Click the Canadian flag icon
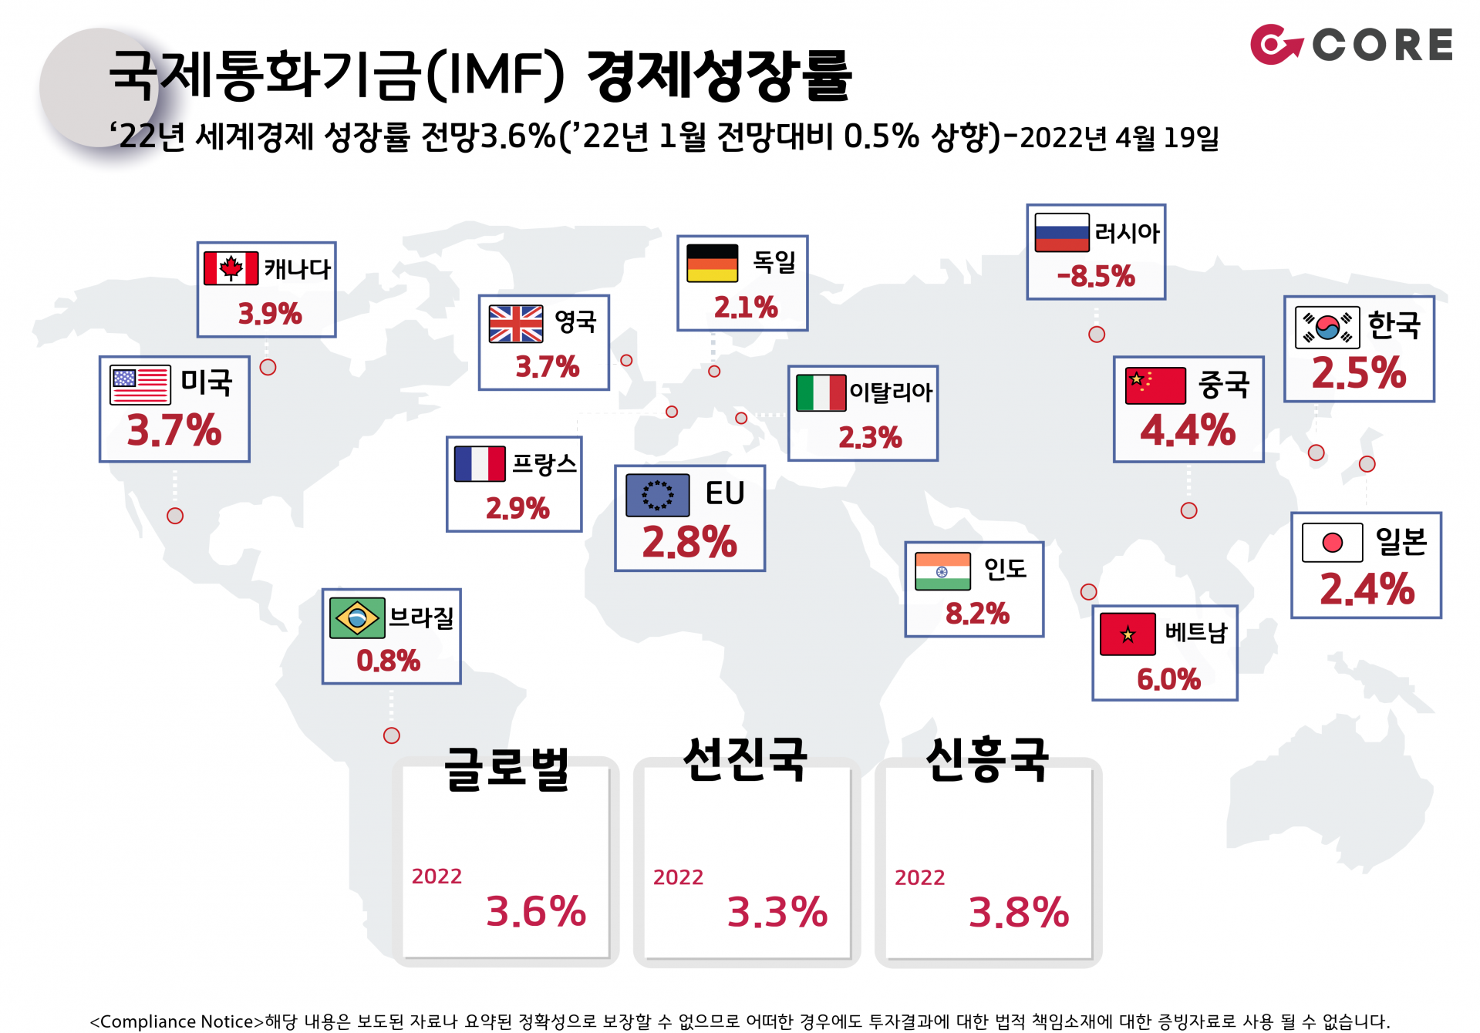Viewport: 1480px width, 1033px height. [x=231, y=268]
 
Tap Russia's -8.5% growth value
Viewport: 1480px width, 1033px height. [x=1095, y=276]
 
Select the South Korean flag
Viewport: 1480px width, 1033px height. [x=1327, y=327]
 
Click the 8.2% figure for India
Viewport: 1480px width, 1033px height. [x=977, y=614]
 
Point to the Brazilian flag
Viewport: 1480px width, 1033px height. [x=356, y=617]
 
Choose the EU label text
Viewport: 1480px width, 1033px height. [x=724, y=493]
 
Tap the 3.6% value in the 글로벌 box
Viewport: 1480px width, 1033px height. [x=536, y=911]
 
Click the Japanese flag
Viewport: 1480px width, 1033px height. [x=1332, y=543]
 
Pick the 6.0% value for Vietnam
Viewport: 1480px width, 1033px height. [x=1168, y=679]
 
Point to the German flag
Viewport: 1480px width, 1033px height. [x=712, y=263]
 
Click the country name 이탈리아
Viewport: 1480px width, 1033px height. [x=891, y=392]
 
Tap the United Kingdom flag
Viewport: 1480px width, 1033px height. [x=516, y=324]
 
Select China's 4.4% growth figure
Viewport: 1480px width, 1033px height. [x=1188, y=430]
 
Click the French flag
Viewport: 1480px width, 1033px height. [x=480, y=464]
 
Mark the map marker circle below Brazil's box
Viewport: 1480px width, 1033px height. [x=392, y=735]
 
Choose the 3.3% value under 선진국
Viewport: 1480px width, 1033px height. [x=777, y=912]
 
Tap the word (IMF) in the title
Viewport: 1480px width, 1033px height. [x=495, y=76]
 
